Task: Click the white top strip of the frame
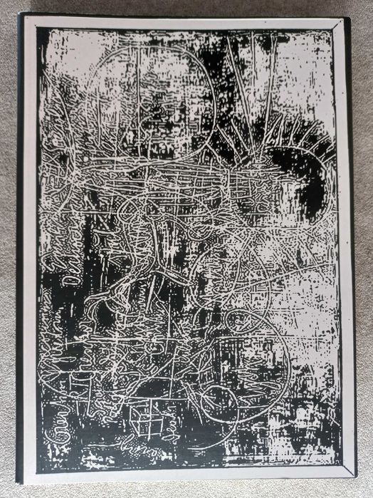click(185, 22)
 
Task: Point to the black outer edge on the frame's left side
click(21, 249)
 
